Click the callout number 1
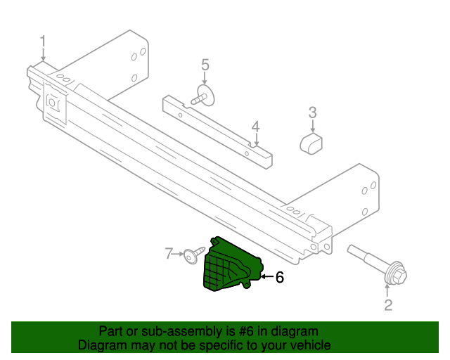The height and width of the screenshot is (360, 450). point(43,40)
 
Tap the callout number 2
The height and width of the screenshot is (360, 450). point(387,304)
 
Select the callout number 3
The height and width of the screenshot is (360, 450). point(312,112)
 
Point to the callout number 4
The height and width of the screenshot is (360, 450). point(256,127)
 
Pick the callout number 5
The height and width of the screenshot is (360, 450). point(205,65)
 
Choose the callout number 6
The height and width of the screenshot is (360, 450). point(279,278)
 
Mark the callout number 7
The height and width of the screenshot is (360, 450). point(169,252)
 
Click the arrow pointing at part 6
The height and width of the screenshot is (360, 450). point(266,277)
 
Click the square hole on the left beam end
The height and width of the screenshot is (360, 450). point(51,102)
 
